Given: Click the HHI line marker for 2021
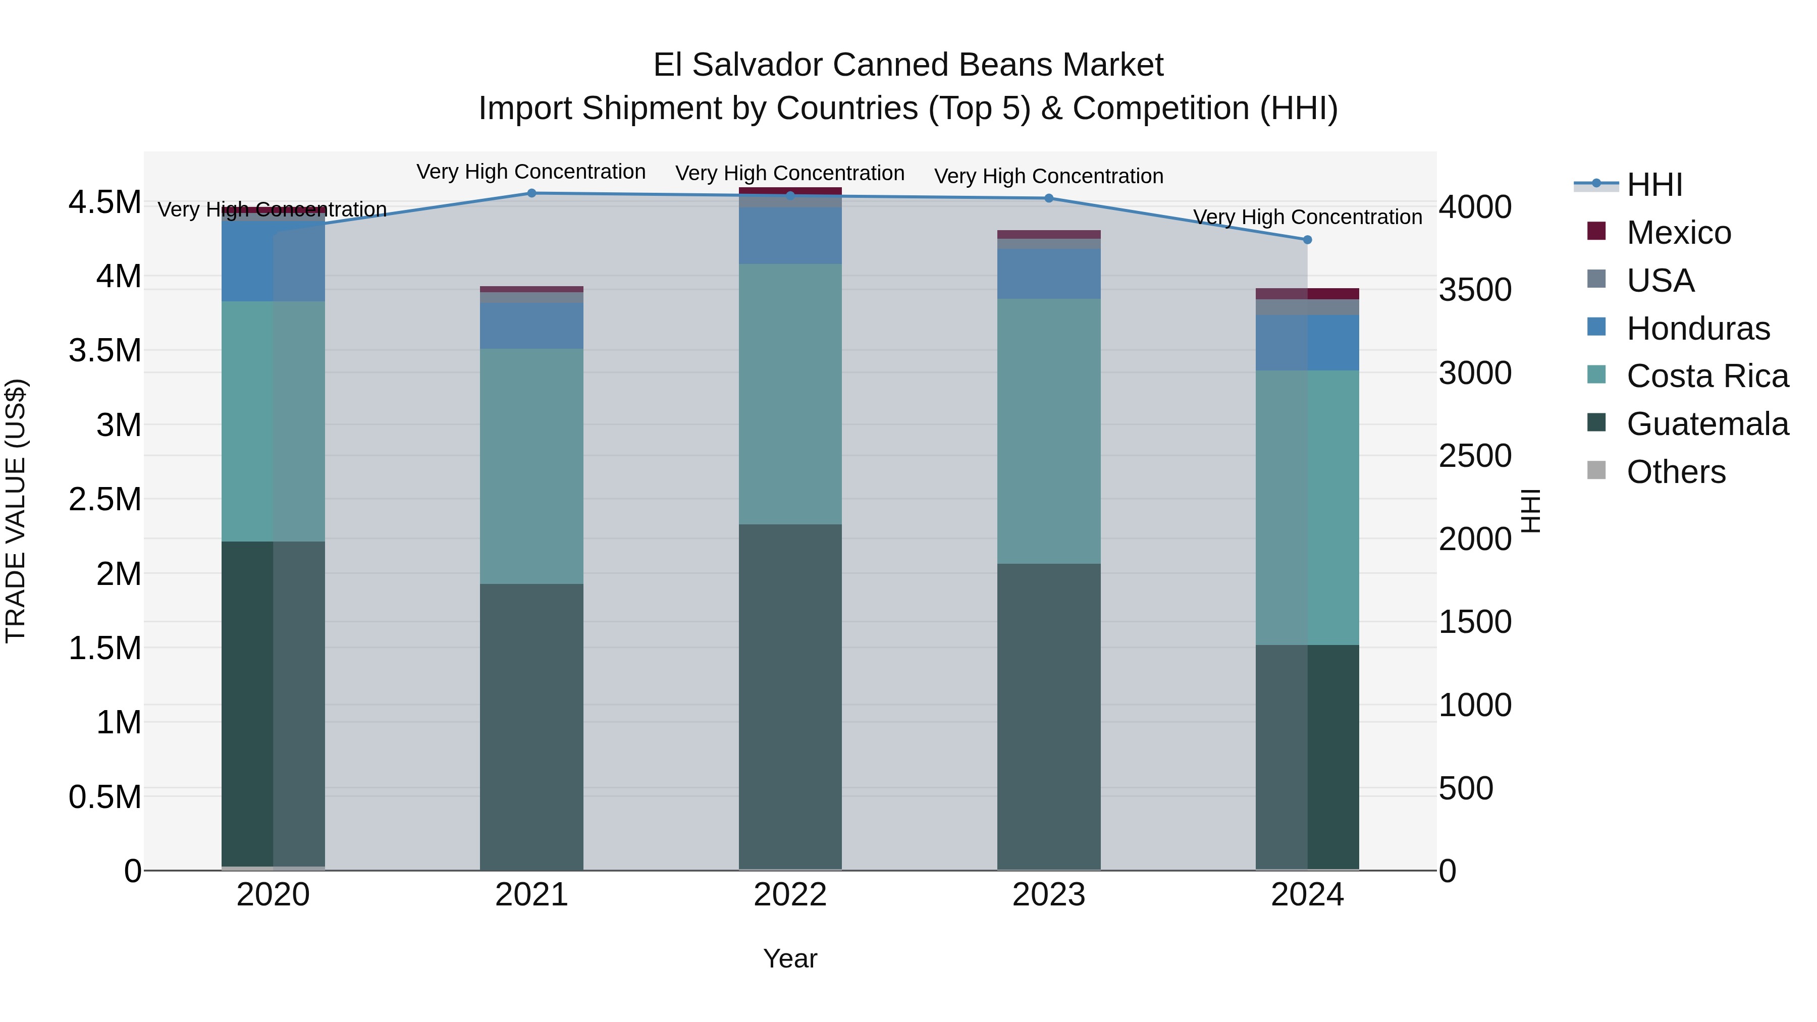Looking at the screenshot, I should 532,193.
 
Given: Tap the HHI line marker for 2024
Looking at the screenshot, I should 1307,240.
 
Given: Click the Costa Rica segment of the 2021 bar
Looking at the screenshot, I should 532,465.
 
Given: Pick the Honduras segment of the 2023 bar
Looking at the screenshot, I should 1049,274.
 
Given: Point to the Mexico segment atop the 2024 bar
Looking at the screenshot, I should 1307,293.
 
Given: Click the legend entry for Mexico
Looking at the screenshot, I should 1678,233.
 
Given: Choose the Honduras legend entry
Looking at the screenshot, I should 1698,329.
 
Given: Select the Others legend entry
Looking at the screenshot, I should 1675,472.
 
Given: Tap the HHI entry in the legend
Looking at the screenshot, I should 1654,185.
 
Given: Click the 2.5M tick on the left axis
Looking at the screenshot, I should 105,499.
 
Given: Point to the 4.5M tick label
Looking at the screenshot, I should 105,202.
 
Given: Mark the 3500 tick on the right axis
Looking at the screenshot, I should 1475,290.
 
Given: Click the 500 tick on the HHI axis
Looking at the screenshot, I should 1466,788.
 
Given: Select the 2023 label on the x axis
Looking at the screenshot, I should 1049,895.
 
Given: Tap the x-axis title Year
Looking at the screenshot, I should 790,958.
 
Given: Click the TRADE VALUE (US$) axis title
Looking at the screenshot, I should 16,511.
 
